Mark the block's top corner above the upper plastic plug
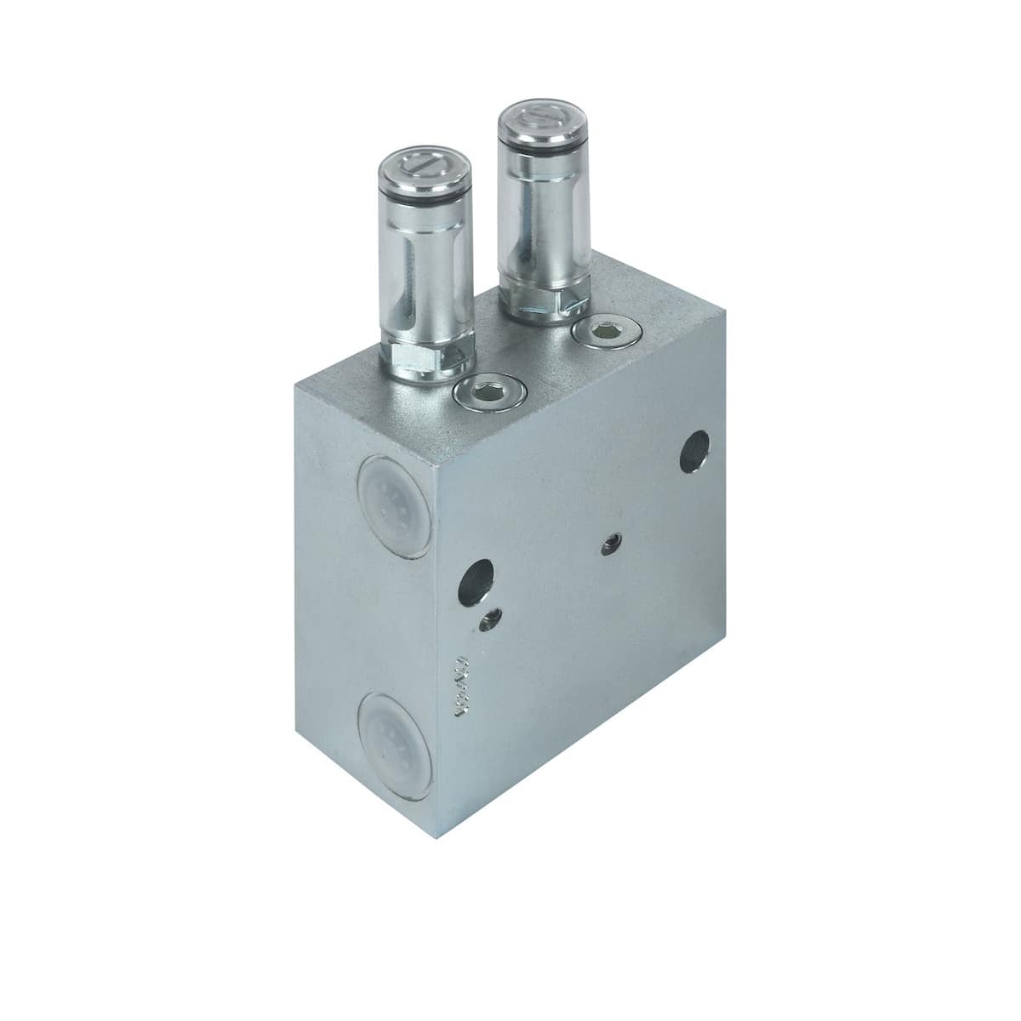296,385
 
